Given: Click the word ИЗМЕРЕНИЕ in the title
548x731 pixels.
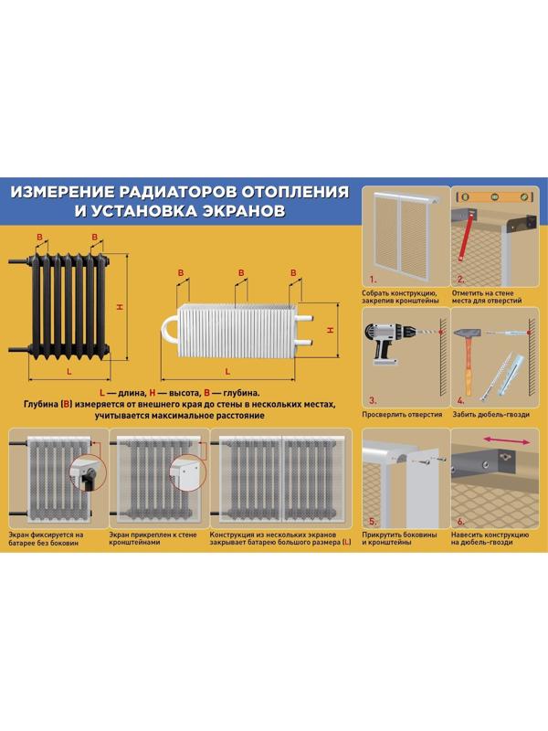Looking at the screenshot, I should pyautogui.click(x=63, y=193).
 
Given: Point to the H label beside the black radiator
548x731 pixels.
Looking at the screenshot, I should pyautogui.click(x=120, y=307).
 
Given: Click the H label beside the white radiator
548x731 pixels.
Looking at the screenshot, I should pyautogui.click(x=331, y=329).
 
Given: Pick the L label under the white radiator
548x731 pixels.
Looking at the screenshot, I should pyautogui.click(x=231, y=375).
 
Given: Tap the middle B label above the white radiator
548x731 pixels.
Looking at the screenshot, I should pyautogui.click(x=240, y=272).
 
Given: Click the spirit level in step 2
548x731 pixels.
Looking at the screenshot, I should pyautogui.click(x=494, y=197).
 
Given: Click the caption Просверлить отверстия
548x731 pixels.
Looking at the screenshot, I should pyautogui.click(x=403, y=414).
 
